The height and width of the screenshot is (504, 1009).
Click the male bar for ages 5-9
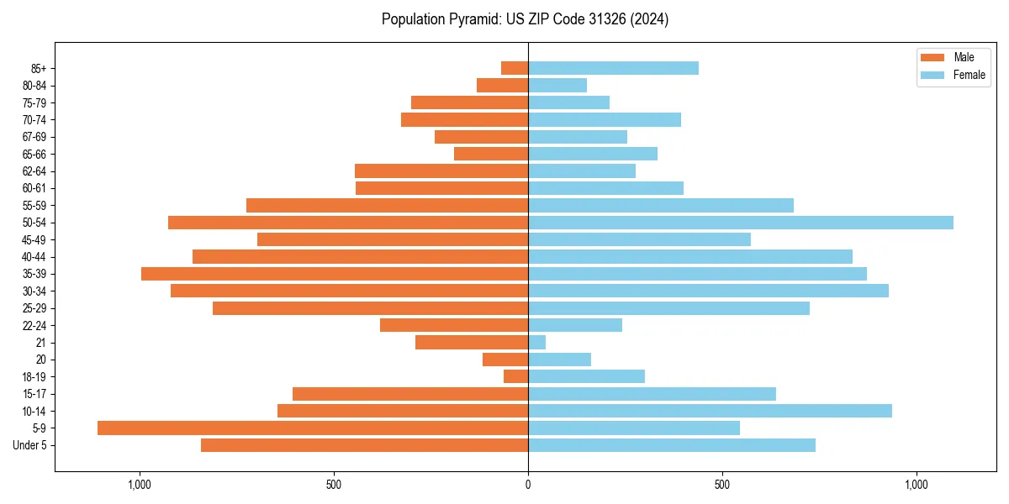[x=313, y=428]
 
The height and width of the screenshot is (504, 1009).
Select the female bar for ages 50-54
[x=741, y=223]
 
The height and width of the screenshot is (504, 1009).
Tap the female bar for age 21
[x=536, y=343]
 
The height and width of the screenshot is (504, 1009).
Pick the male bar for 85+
[x=515, y=68]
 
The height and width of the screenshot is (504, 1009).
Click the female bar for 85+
[x=613, y=68]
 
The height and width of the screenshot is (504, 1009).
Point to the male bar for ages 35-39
[x=335, y=274]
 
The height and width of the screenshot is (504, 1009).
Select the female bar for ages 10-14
[x=710, y=411]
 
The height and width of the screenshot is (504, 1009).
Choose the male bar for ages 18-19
[x=515, y=376]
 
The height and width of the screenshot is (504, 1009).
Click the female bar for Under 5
[x=672, y=445]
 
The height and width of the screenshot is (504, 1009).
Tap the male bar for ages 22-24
[x=454, y=325]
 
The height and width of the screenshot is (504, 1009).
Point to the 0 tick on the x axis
[x=528, y=485]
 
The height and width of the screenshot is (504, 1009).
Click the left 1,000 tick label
[x=139, y=485]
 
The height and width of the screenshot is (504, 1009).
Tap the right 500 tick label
[x=721, y=485]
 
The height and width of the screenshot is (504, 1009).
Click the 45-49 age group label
[x=34, y=239]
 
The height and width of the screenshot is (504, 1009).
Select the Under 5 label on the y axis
[x=30, y=445]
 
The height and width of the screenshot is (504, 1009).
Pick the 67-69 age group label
[x=34, y=137]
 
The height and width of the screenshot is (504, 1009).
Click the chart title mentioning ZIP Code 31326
[x=525, y=19]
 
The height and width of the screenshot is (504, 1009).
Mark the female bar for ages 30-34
[x=708, y=291]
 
